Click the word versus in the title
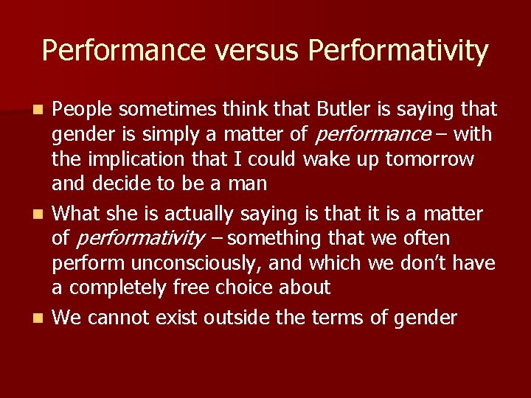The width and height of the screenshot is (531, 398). click(x=257, y=51)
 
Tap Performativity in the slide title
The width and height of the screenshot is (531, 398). click(x=398, y=51)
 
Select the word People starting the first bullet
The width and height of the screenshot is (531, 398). click(x=83, y=110)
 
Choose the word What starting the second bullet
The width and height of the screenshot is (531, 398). click(x=77, y=214)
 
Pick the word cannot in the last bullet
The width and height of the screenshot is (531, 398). click(x=121, y=318)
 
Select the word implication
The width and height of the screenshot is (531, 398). click(x=150, y=159)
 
